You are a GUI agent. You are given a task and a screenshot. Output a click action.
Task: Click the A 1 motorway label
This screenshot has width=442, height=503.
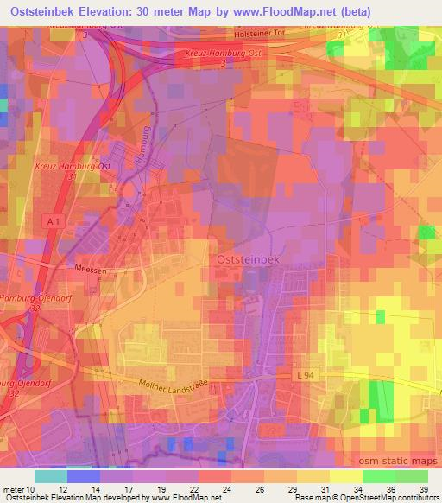[52, 222]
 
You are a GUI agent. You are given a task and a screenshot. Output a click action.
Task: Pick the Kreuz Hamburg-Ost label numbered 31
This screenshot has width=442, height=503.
[67, 168]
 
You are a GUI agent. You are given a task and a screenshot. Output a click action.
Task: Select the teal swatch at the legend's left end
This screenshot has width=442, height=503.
[50, 476]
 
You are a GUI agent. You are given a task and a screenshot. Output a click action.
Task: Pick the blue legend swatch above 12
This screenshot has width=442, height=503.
[83, 476]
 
